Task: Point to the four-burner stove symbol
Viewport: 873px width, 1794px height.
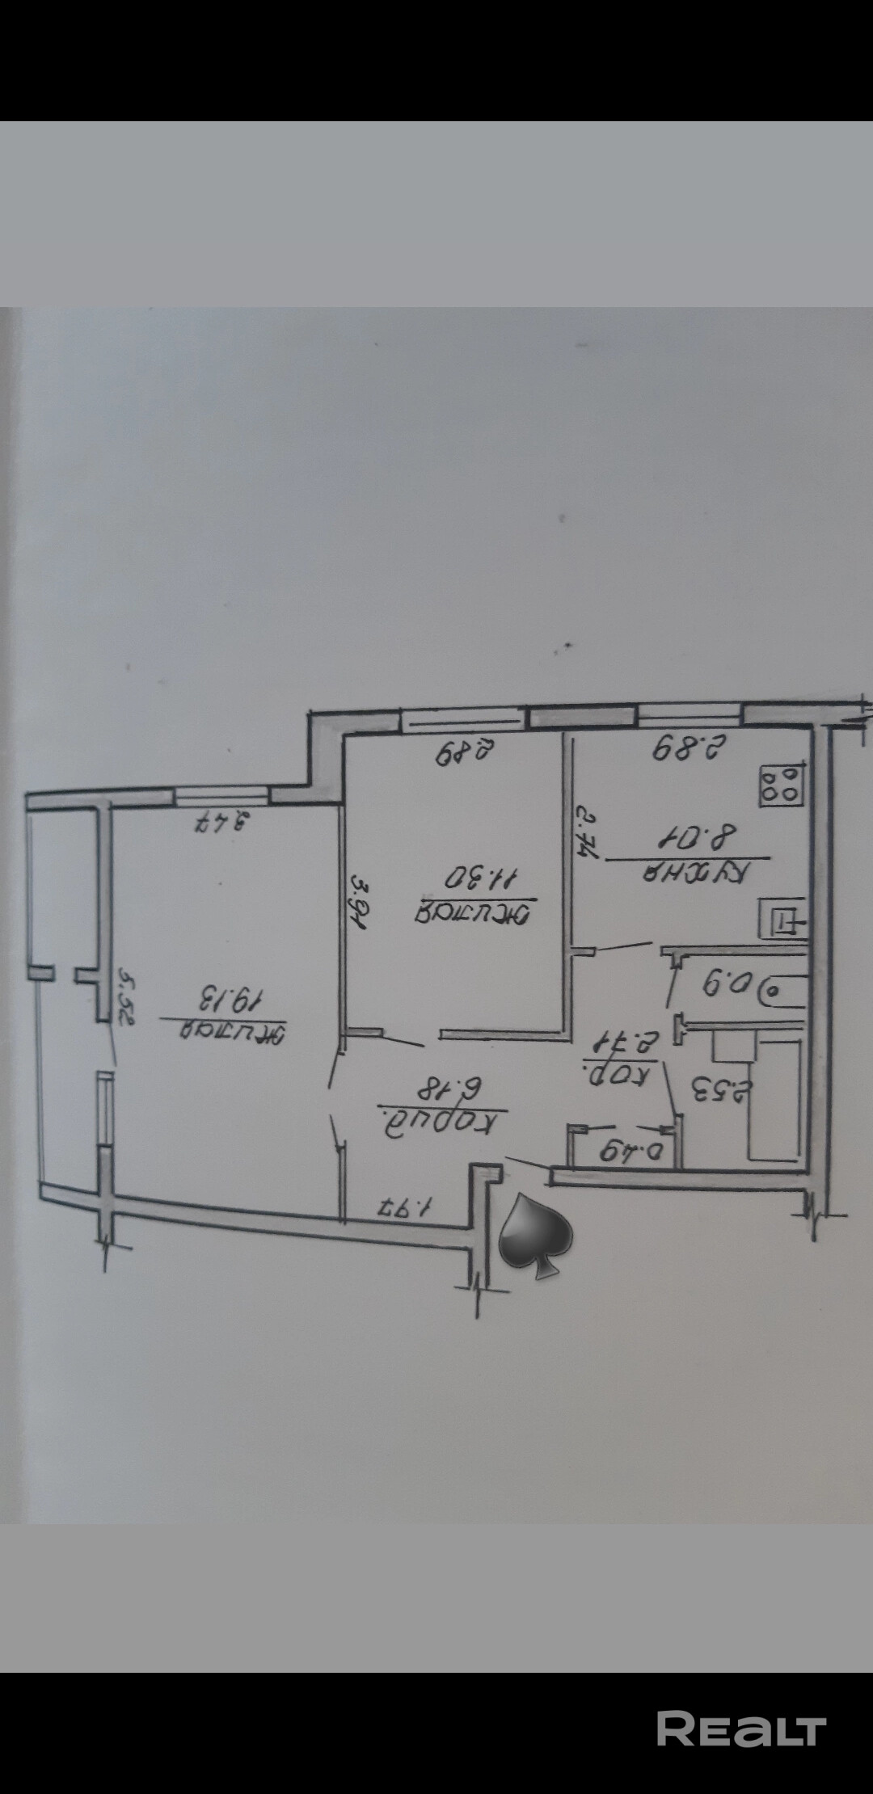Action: click(781, 785)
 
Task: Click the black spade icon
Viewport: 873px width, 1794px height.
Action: click(534, 1236)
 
